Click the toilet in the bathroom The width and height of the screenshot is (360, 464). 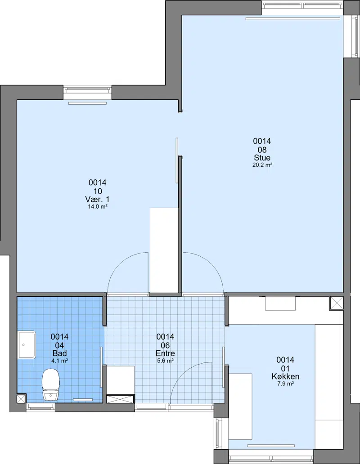(x=51, y=384)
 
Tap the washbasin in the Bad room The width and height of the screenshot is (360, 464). (x=27, y=345)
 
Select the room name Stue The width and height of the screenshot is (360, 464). (x=262, y=157)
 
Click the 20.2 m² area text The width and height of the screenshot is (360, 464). (x=262, y=165)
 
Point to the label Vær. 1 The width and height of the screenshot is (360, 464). (x=97, y=199)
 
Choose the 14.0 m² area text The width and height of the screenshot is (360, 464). (x=97, y=207)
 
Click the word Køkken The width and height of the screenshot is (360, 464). (x=285, y=376)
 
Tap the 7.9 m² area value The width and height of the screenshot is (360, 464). (x=285, y=384)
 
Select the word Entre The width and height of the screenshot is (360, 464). (x=165, y=353)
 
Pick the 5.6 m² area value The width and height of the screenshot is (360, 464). (x=165, y=361)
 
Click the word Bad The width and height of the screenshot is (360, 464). (x=59, y=353)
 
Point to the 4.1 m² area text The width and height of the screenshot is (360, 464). (x=59, y=361)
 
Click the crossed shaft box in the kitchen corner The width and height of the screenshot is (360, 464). (x=336, y=303)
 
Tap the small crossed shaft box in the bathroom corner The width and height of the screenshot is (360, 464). (x=21, y=399)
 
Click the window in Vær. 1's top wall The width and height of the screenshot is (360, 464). (x=88, y=92)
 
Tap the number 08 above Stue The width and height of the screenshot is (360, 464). (x=262, y=150)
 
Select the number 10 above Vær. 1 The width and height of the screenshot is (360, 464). (x=97, y=191)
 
